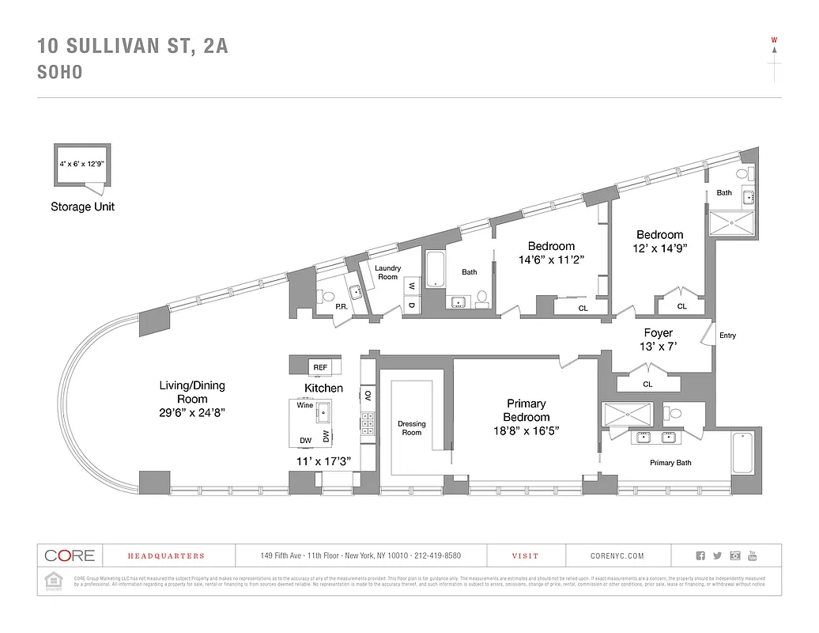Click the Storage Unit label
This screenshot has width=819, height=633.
(x=82, y=207)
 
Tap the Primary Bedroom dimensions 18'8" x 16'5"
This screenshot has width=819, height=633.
(x=526, y=431)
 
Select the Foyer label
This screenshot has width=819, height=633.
(x=658, y=333)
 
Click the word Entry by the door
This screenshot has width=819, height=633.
(x=727, y=335)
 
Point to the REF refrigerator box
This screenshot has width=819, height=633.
(x=320, y=367)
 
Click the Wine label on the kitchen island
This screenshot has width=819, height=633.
(x=304, y=405)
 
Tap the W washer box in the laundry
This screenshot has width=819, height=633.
(x=411, y=286)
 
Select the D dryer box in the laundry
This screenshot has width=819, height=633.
(x=411, y=305)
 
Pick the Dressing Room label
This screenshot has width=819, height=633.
(x=411, y=428)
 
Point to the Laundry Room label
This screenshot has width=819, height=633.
(x=387, y=272)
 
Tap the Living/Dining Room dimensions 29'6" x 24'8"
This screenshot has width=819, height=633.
(x=192, y=412)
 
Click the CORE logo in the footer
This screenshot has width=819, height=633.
(x=70, y=555)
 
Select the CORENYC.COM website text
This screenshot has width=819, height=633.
(x=617, y=556)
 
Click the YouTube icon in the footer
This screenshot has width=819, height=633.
(x=753, y=555)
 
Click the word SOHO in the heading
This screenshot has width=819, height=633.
(x=60, y=72)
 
